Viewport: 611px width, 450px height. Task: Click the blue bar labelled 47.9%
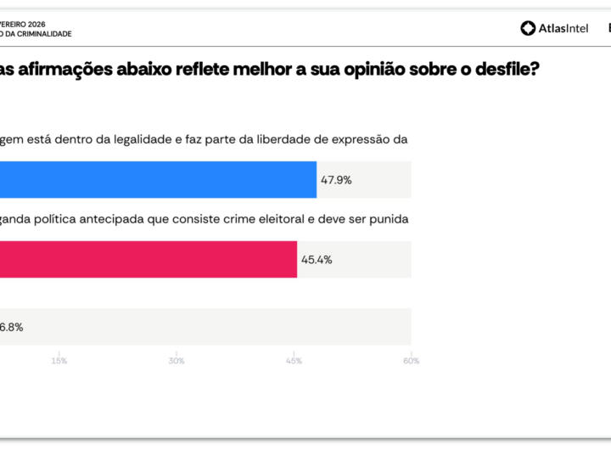click(158, 180)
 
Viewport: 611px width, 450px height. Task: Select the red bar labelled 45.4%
click(149, 259)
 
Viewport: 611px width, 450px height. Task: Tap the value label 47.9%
click(336, 180)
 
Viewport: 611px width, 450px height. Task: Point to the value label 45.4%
click(316, 259)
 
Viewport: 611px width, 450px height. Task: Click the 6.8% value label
click(12, 327)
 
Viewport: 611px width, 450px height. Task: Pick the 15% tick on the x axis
click(59, 361)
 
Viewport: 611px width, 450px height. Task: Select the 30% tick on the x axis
click(177, 361)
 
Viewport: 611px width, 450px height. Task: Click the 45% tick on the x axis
click(294, 361)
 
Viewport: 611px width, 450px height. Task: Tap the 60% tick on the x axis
click(411, 361)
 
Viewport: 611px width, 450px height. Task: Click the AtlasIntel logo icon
click(528, 29)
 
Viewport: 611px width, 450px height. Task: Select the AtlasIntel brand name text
click(563, 29)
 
